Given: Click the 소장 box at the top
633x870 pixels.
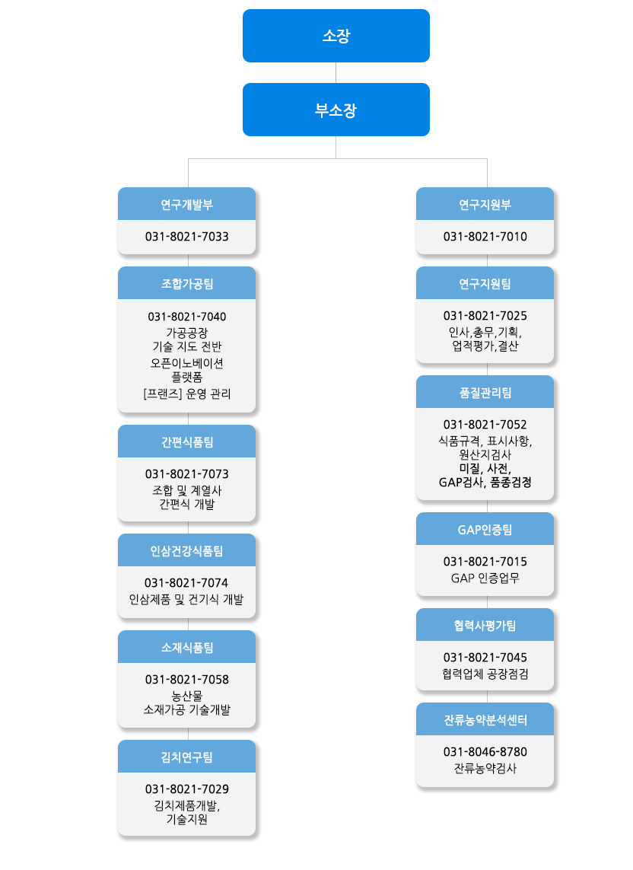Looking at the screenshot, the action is [x=336, y=36].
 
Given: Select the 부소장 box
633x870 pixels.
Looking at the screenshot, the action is [x=336, y=110].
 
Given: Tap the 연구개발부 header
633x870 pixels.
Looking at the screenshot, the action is [x=186, y=204].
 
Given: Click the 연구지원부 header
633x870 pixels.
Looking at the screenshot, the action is [x=485, y=204].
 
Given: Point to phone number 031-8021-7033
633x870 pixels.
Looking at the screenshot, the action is [x=186, y=237].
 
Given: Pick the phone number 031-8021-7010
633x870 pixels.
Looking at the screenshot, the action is [x=485, y=237].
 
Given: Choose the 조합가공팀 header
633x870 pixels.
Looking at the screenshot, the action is [x=186, y=283].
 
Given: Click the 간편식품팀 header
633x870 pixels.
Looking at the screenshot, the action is [x=186, y=441].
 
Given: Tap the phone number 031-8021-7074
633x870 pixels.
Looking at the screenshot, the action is [x=186, y=582].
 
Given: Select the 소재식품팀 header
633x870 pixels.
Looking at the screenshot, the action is [x=186, y=647].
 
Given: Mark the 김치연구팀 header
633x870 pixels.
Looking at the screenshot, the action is [x=186, y=757].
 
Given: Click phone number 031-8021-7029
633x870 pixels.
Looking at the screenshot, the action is [x=186, y=789].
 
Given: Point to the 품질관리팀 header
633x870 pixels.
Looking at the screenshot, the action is [x=485, y=392].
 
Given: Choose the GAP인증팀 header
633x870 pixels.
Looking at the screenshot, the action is [x=485, y=529].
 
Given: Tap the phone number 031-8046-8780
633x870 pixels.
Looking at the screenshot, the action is [x=485, y=752].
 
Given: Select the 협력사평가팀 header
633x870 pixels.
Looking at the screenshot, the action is [x=485, y=625].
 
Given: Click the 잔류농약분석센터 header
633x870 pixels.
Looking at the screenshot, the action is [x=485, y=719].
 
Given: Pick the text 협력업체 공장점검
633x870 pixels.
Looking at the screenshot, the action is [x=485, y=674].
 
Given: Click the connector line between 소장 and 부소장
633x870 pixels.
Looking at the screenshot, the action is [x=336, y=72].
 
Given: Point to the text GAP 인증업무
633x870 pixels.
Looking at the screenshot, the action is [x=485, y=578].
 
